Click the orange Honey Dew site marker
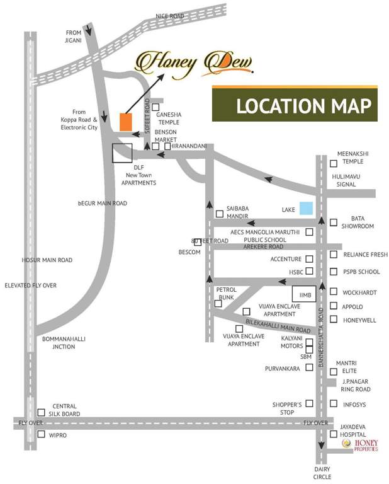click(x=125, y=122)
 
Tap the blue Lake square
click(x=305, y=208)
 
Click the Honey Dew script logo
click(x=194, y=62)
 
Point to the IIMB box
click(x=303, y=294)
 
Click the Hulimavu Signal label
click(x=352, y=181)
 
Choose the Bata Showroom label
click(x=358, y=222)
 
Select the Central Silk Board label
click(x=65, y=410)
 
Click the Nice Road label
click(x=171, y=15)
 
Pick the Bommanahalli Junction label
click(x=64, y=342)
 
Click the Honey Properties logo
click(x=361, y=445)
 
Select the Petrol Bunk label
click(x=227, y=293)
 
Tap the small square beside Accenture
click(x=309, y=259)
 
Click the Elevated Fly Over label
click(x=30, y=285)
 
